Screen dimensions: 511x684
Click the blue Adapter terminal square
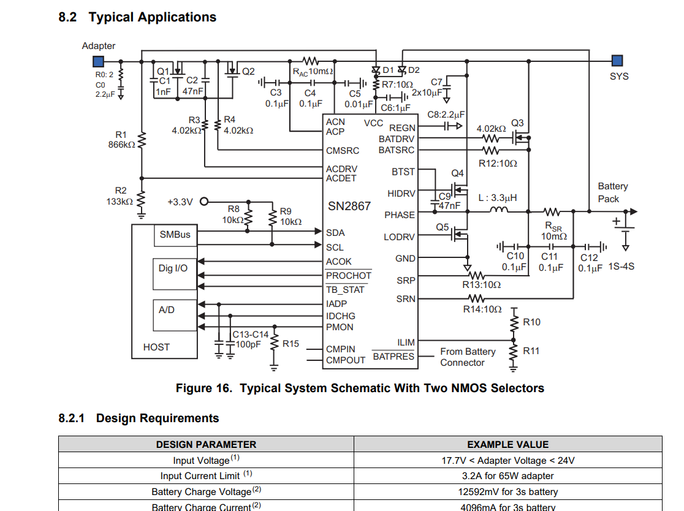click(x=98, y=61)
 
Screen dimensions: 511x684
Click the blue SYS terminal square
click(x=617, y=61)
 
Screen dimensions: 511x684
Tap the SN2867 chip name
click(x=349, y=206)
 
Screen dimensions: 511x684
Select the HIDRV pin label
click(x=401, y=194)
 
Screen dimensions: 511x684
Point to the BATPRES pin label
click(x=393, y=357)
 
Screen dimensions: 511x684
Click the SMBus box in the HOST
click(x=175, y=235)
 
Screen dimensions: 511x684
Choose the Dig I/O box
click(x=173, y=268)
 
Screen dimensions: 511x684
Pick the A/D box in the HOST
click(x=167, y=310)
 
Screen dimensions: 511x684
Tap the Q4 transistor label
click(x=457, y=173)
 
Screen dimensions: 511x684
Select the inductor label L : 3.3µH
click(x=498, y=198)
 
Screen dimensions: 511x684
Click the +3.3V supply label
click(x=180, y=202)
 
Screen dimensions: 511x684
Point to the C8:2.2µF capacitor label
click(x=446, y=115)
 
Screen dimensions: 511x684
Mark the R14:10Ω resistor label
click(x=482, y=309)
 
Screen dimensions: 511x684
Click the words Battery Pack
click(x=613, y=192)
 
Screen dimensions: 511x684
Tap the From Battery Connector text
click(x=467, y=357)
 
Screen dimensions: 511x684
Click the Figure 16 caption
click(x=360, y=388)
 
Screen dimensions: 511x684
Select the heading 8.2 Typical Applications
click(x=137, y=17)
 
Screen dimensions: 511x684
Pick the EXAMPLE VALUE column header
click(x=507, y=445)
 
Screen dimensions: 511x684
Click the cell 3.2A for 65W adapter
click(x=507, y=476)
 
